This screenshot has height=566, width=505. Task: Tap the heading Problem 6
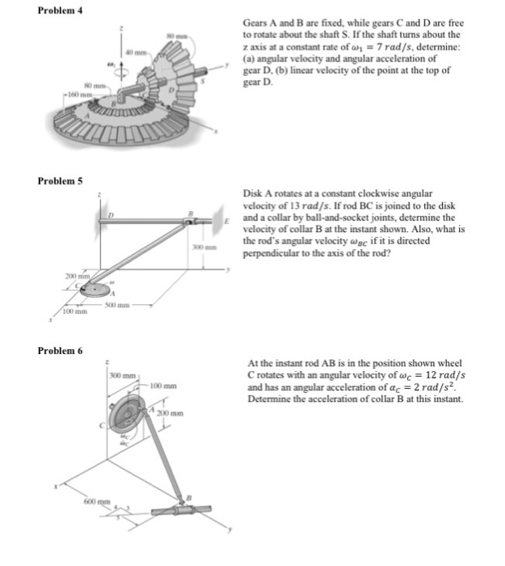pyautogui.click(x=61, y=349)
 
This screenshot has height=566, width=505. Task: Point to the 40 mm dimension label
pyautogui.click(x=133, y=53)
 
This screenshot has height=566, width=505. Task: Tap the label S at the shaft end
pyautogui.click(x=213, y=80)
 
